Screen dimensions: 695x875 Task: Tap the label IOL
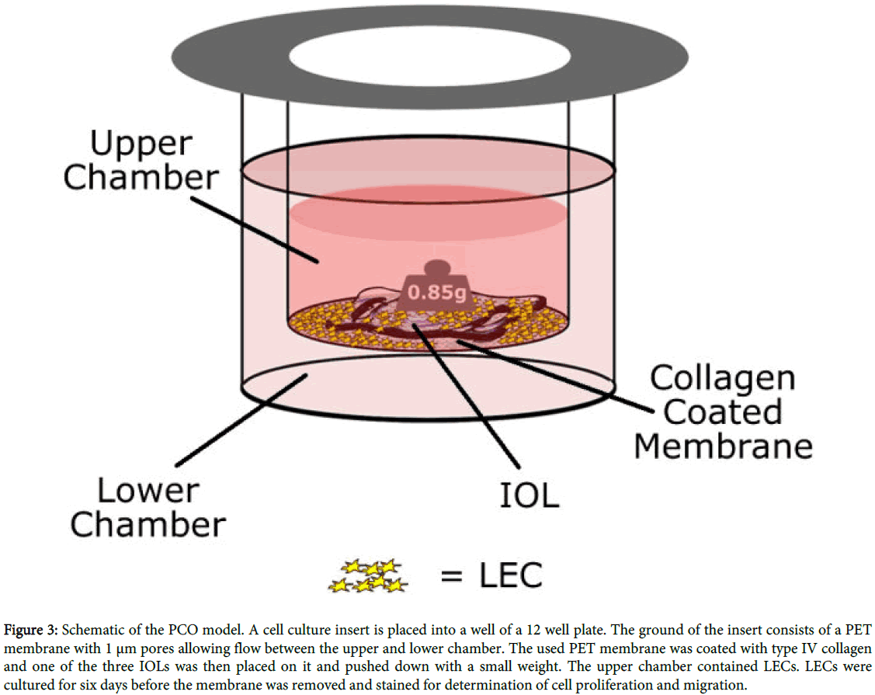point(527,494)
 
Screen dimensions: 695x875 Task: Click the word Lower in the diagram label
point(148,492)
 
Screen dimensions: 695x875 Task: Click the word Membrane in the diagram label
point(723,446)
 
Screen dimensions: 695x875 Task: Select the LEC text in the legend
point(509,575)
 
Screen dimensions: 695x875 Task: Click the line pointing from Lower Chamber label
point(241,420)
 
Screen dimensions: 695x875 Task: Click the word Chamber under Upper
point(141,178)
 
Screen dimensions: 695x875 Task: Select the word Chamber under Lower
point(148,525)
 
